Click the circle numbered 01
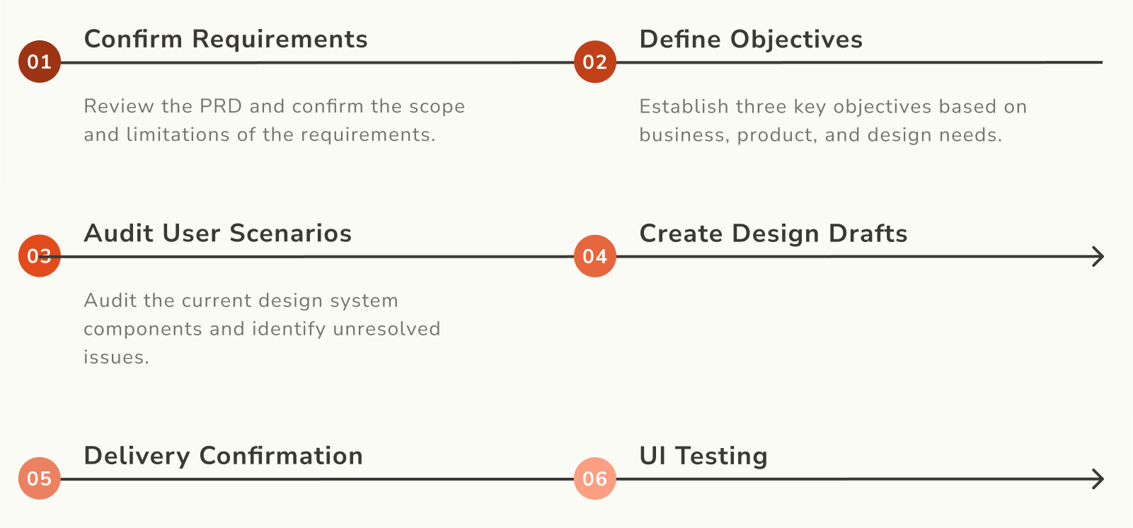(x=40, y=62)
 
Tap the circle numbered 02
(x=595, y=62)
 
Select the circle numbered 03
(x=40, y=256)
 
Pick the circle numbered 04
(x=595, y=256)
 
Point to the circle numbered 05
(x=40, y=478)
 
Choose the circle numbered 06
(x=595, y=478)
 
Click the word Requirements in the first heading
(x=280, y=40)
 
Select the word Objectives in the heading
(x=796, y=40)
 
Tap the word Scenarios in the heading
(x=290, y=234)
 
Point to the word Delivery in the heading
(x=137, y=456)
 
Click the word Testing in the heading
(x=722, y=456)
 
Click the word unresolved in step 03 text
(x=387, y=328)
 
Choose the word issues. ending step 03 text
(x=116, y=357)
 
